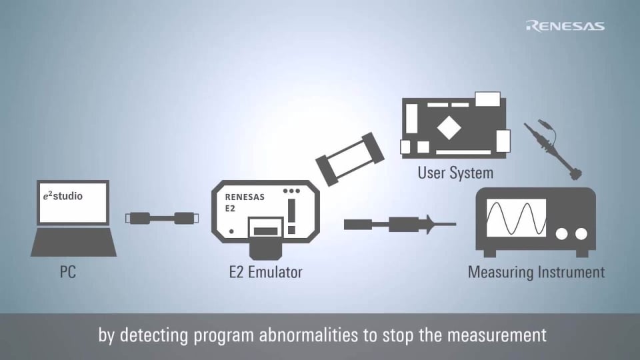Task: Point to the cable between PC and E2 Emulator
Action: tap(161, 218)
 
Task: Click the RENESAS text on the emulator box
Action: tap(244, 197)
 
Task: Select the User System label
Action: tap(455, 173)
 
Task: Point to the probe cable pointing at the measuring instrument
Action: tap(399, 225)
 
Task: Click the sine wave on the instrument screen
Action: tap(516, 217)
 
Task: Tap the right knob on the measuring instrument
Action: tap(582, 233)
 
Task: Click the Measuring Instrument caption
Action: tap(536, 272)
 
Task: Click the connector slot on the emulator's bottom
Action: tap(266, 231)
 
